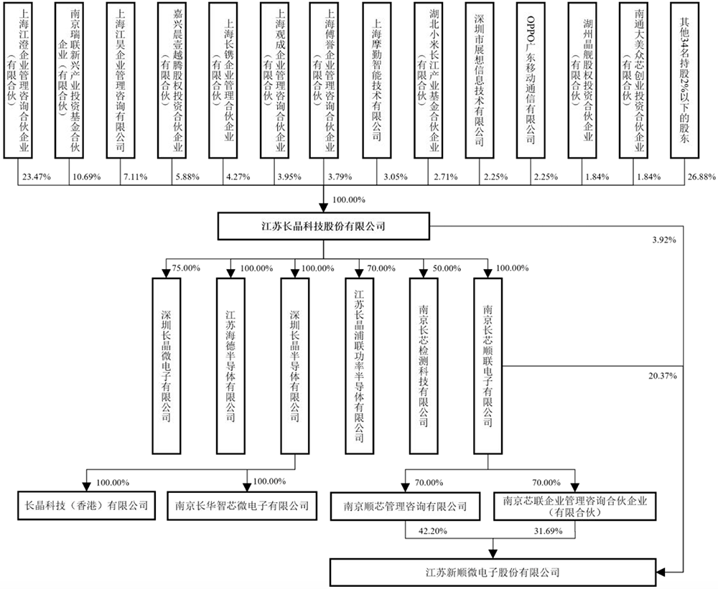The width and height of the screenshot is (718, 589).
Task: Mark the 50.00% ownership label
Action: (x=444, y=268)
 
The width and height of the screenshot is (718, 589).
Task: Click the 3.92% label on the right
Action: (x=663, y=240)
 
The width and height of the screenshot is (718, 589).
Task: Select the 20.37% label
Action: (x=663, y=374)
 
